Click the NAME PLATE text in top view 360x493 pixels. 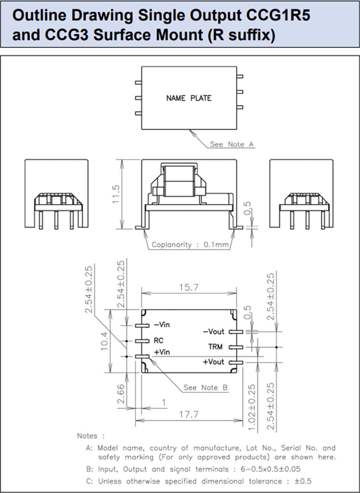point(189,98)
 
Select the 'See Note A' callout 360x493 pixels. point(232,144)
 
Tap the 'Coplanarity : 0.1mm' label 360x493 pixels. point(190,245)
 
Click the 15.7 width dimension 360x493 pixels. point(189,288)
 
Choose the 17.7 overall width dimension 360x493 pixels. point(189,415)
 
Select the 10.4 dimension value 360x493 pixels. point(104,341)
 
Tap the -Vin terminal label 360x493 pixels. point(162,325)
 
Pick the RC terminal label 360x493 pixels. point(158,341)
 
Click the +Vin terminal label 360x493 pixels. point(162,352)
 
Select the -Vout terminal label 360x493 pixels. point(213,332)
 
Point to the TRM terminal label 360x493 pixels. point(215,347)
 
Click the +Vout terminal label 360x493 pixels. point(213,362)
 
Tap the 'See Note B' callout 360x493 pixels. point(206,387)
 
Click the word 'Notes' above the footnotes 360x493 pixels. point(88,435)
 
